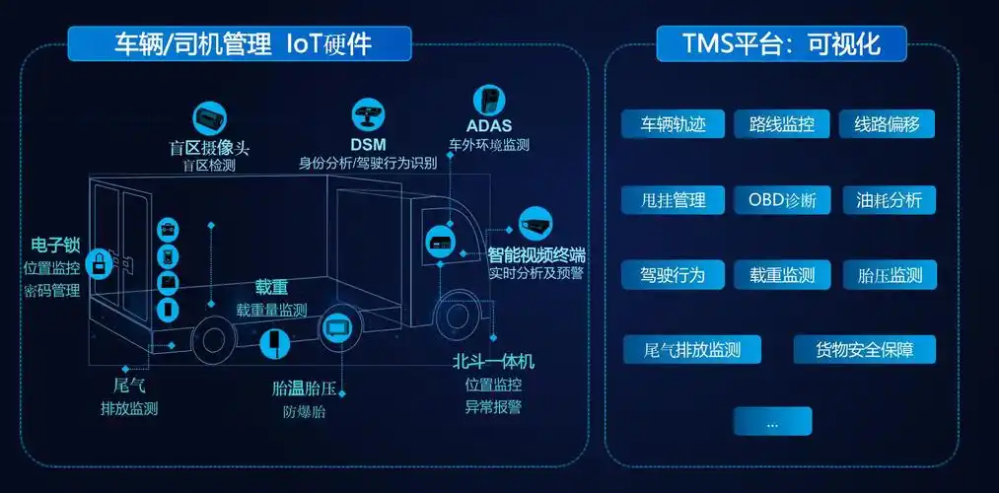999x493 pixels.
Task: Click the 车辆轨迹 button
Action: click(674, 125)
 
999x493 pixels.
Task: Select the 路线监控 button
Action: click(782, 125)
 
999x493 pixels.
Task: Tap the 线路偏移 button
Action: click(887, 125)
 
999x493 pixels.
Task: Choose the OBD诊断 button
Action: click(782, 200)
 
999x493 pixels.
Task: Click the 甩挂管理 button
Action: click(674, 200)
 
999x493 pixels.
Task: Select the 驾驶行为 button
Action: click(674, 275)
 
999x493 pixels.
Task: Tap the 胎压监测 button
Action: click(891, 275)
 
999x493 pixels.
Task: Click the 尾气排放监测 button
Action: click(690, 349)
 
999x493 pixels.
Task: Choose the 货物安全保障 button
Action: click(864, 349)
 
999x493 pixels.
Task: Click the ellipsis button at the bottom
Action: click(772, 422)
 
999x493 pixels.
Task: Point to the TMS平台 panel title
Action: click(781, 43)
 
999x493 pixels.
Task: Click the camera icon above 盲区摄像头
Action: click(209, 118)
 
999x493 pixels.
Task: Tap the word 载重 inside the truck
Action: click(271, 287)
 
